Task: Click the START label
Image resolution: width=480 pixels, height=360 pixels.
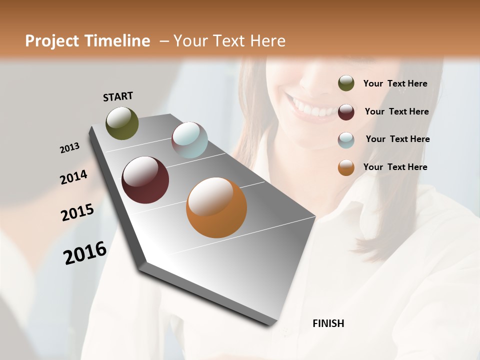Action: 118,96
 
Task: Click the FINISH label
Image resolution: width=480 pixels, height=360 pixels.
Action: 328,323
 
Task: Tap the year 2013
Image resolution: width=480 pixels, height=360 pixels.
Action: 69,148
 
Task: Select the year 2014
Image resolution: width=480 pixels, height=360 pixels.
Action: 73,177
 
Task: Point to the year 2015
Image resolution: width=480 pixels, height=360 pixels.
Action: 77,212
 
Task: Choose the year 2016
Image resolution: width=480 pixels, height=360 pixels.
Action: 85,253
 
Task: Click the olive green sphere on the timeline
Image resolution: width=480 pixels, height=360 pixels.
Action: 122,123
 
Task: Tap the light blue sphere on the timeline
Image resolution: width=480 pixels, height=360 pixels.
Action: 189,139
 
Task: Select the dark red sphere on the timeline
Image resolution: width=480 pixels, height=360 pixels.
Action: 145,180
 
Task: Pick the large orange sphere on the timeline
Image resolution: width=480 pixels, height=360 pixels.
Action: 216,207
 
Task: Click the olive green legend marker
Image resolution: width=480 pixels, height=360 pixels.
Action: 346,83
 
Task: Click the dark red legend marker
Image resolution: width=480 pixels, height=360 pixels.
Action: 346,111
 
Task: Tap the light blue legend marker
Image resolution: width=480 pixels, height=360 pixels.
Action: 346,139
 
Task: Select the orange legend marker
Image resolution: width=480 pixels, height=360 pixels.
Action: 346,167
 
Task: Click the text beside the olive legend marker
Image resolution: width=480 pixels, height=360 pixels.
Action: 395,83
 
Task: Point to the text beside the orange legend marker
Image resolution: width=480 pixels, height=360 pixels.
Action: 395,167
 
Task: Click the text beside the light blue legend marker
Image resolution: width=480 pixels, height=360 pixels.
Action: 397,139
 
